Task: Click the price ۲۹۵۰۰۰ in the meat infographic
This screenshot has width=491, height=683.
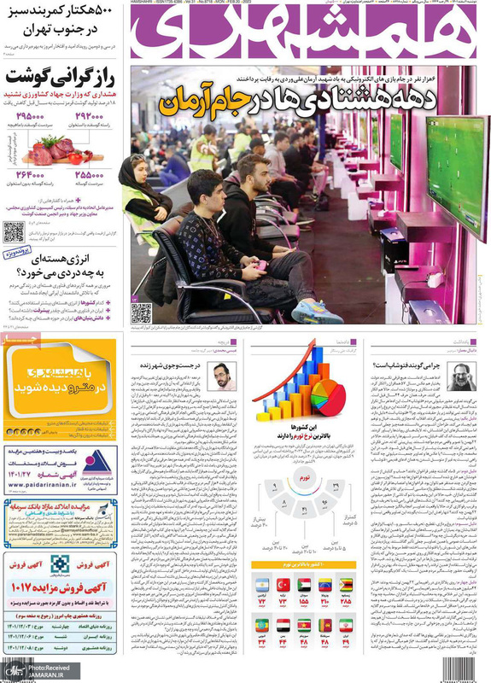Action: [x=29, y=117]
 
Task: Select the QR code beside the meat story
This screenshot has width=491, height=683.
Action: [x=14, y=231]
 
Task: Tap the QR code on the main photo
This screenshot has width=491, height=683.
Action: [x=142, y=313]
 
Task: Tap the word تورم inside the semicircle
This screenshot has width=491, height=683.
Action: [x=305, y=481]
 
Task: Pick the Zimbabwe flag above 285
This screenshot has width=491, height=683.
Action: [x=346, y=586]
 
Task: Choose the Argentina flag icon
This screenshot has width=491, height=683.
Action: [x=263, y=586]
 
